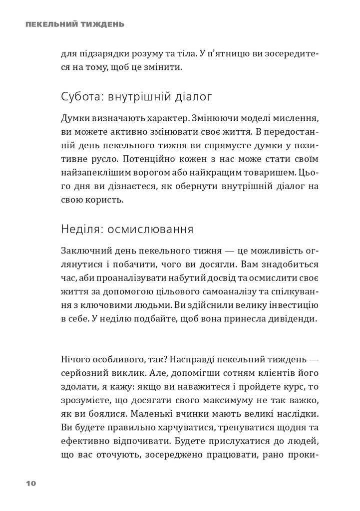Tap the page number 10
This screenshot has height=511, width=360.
tap(31, 484)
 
